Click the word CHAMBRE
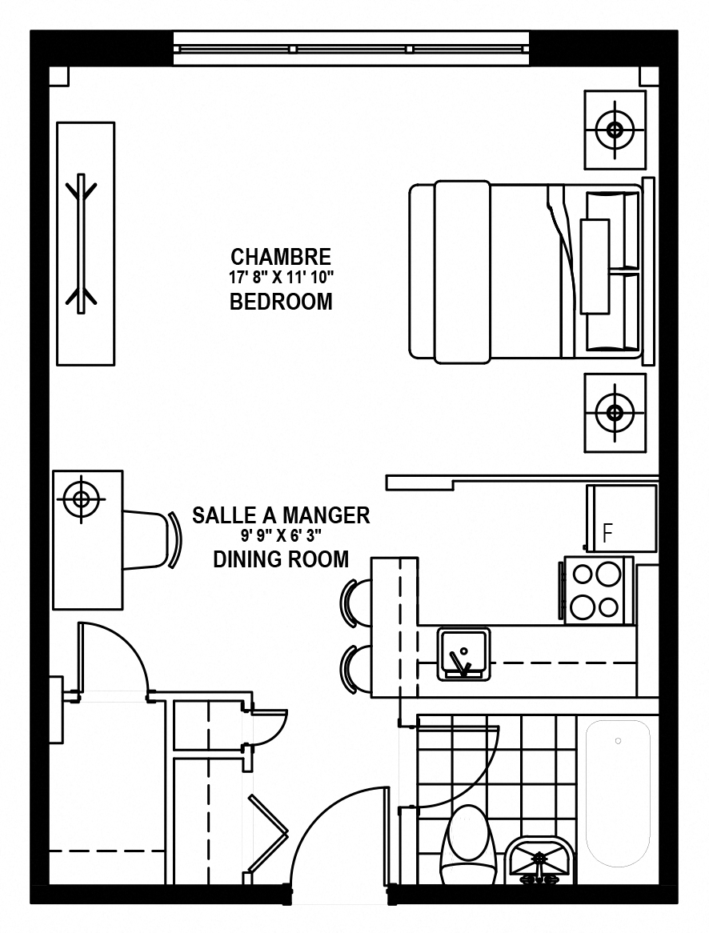280,257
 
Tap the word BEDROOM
281,302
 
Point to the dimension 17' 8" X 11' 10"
281,278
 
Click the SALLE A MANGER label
281,515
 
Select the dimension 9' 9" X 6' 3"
281,535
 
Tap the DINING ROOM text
281,559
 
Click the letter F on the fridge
607,533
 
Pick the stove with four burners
595,591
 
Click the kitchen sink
464,654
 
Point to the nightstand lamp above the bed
615,129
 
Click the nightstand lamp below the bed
615,412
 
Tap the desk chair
153,539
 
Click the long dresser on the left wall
86,243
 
